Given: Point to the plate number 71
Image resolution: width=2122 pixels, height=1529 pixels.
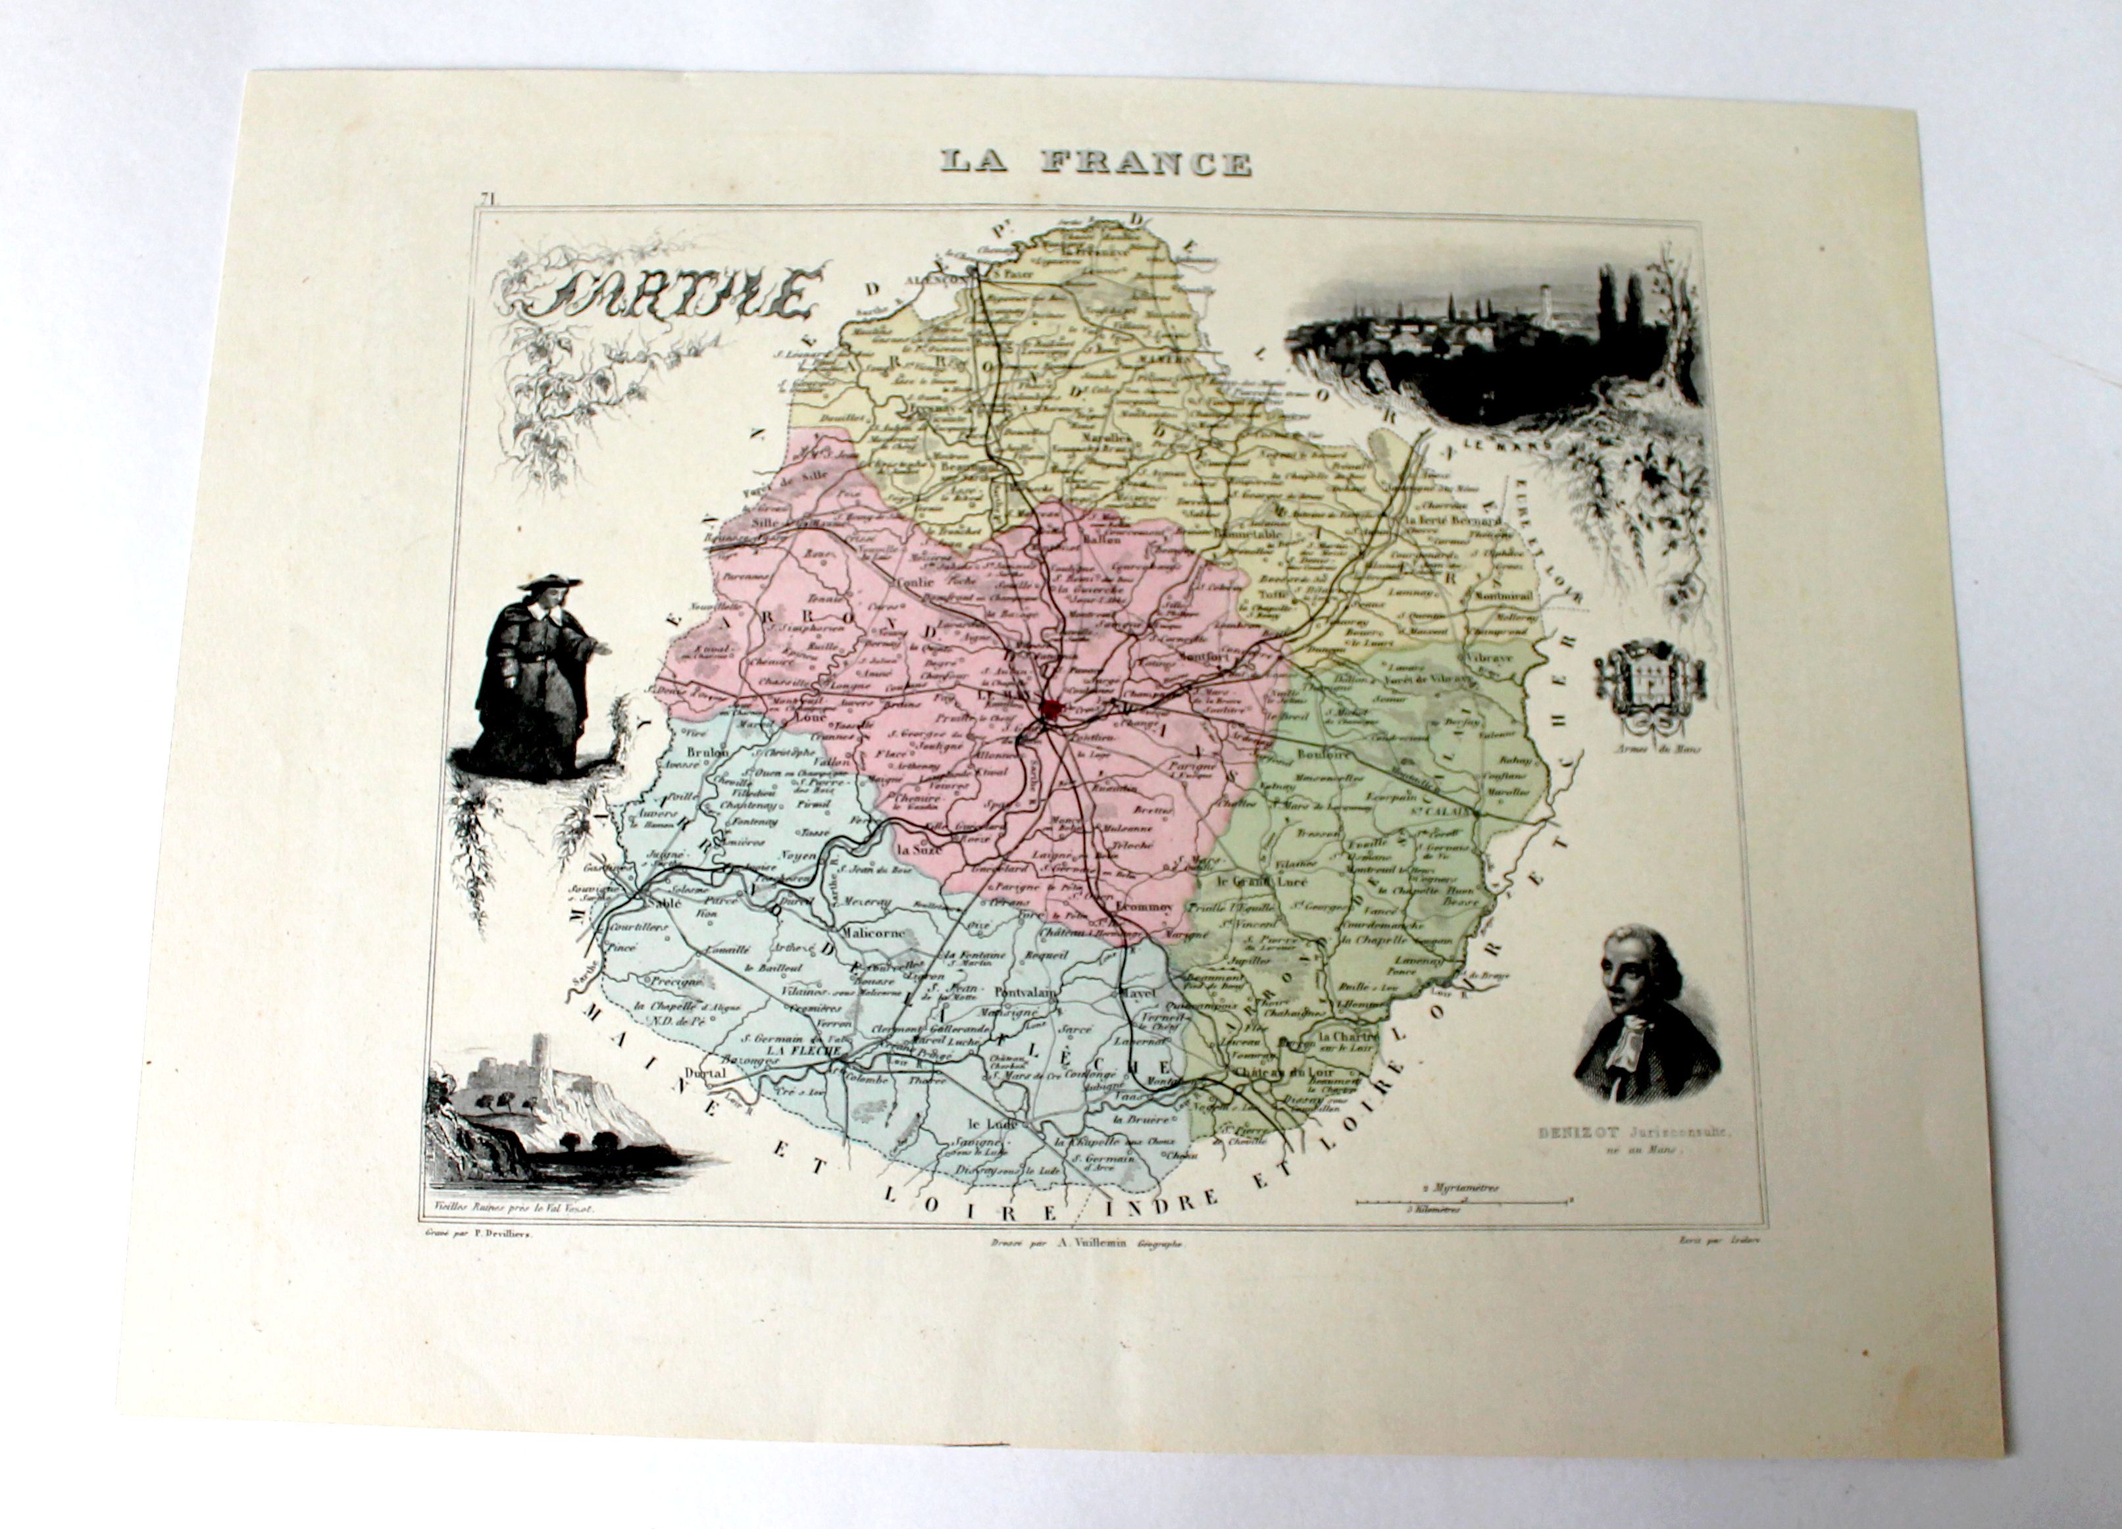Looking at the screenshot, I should (486, 197).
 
